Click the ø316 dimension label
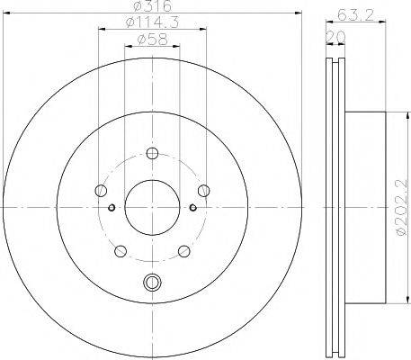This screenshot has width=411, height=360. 150,9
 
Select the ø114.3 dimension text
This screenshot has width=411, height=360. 150,24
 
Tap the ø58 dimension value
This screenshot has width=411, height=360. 150,40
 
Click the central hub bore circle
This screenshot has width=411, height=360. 150,206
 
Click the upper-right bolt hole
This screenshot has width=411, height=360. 204,189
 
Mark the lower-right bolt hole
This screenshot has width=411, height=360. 183,252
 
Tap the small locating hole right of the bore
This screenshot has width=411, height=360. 192,208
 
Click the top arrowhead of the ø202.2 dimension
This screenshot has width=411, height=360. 390,114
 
